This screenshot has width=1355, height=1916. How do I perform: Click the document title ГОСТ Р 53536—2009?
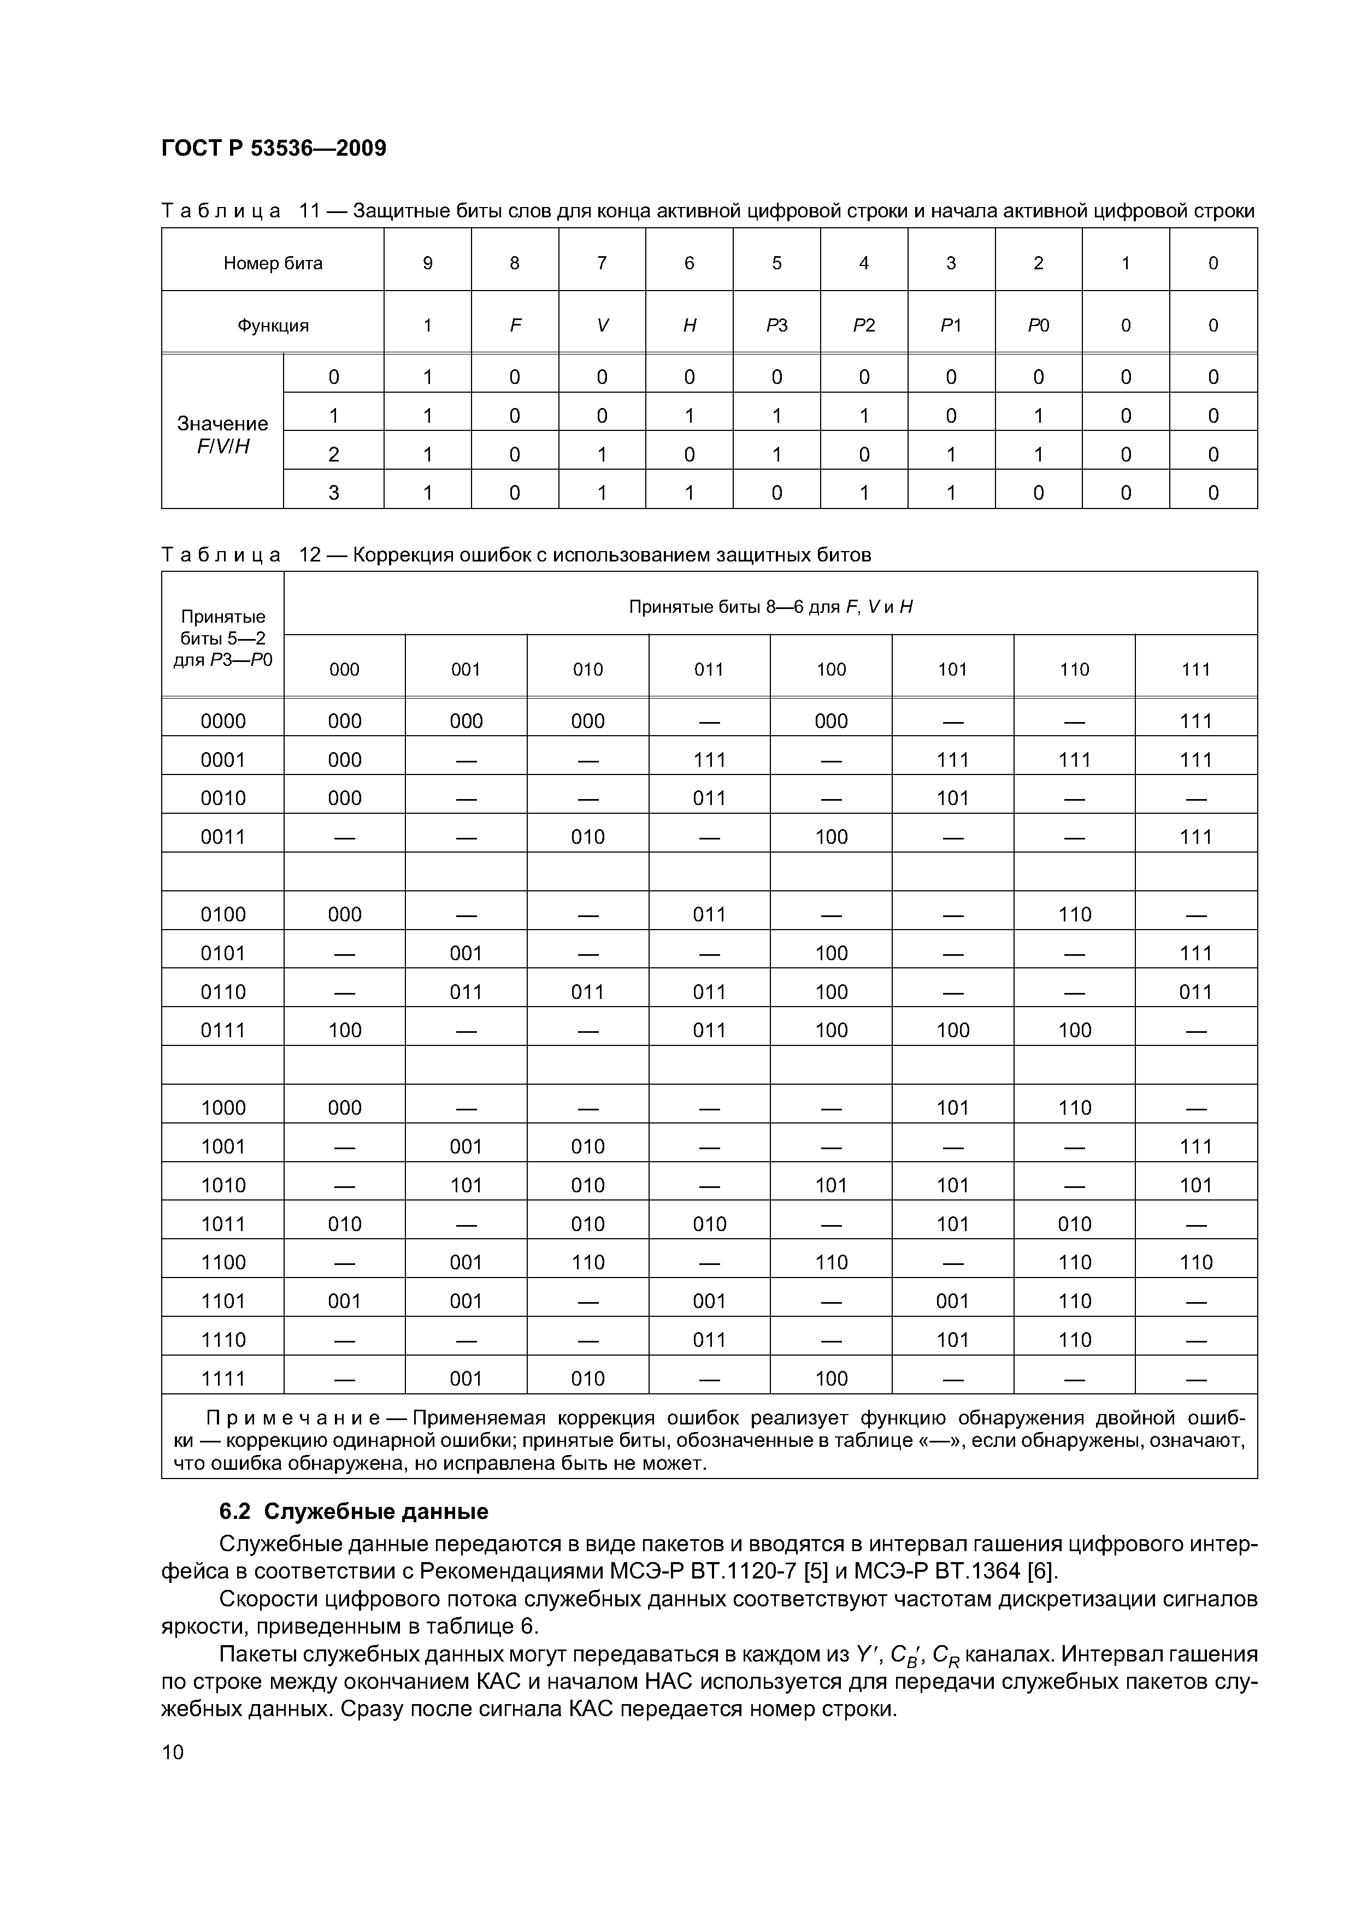pyautogui.click(x=273, y=149)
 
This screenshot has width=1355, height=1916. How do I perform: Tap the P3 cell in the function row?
pyautogui.click(x=776, y=326)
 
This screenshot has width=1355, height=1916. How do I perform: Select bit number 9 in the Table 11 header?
pyautogui.click(x=427, y=264)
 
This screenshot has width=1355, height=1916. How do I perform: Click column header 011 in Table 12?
pyautogui.click(x=708, y=669)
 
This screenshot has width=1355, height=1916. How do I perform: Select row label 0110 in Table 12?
pyautogui.click(x=223, y=991)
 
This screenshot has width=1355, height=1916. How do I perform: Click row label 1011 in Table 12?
pyautogui.click(x=223, y=1223)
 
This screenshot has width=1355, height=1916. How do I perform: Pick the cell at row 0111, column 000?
pyautogui.click(x=344, y=1030)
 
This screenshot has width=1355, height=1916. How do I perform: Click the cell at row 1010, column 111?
pyautogui.click(x=1195, y=1185)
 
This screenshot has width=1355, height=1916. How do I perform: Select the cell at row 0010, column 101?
pyautogui.click(x=952, y=798)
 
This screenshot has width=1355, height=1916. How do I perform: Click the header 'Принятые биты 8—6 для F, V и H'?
pyautogui.click(x=770, y=607)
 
